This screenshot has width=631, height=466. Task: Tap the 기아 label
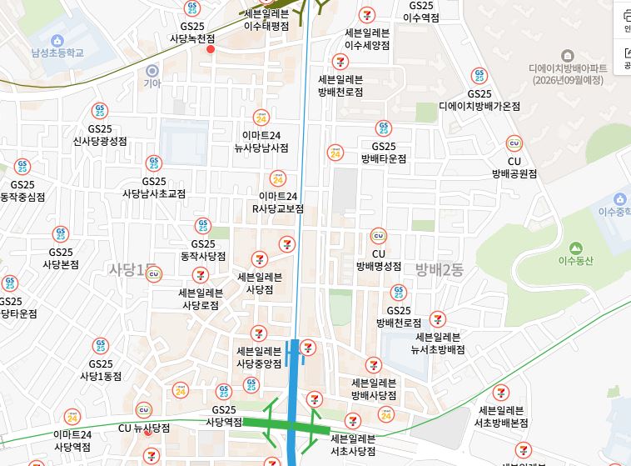[152, 83]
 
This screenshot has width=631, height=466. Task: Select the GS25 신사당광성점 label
[100, 135]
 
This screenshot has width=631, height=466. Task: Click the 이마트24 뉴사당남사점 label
[261, 142]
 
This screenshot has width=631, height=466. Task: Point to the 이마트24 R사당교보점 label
[278, 203]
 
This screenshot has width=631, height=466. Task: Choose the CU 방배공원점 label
[514, 168]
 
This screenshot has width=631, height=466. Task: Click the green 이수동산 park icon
[574, 247]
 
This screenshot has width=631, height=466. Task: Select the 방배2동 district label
[440, 268]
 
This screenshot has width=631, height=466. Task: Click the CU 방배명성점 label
[379, 260]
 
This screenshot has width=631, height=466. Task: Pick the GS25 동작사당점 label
[203, 250]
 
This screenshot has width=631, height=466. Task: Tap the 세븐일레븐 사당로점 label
[201, 298]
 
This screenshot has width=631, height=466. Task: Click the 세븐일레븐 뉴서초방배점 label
[437, 343]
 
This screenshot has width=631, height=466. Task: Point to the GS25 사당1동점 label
[101, 369]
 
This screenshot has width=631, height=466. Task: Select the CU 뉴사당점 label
[144, 428]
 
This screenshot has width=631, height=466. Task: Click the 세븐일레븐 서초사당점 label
[353, 445]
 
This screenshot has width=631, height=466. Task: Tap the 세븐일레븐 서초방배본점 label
[502, 416]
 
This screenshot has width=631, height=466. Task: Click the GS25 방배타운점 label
[384, 152]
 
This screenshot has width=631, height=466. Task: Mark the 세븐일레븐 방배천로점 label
[340, 85]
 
